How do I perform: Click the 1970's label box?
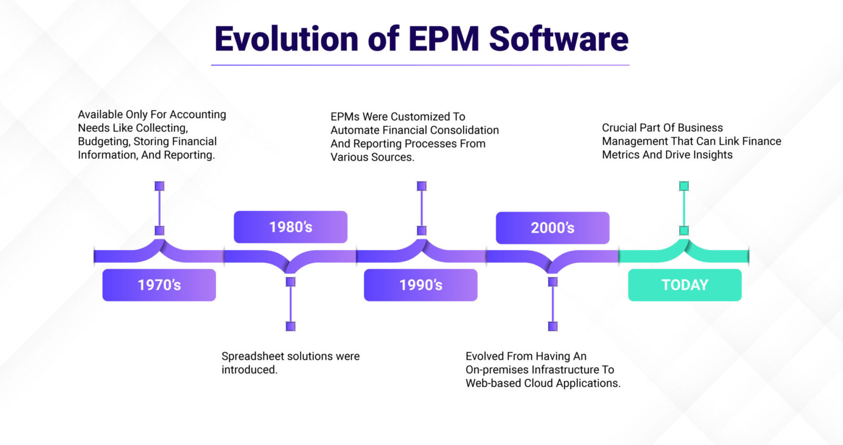(x=159, y=285)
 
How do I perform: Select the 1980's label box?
(x=290, y=227)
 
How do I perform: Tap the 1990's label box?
(x=420, y=285)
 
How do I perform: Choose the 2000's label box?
(x=552, y=228)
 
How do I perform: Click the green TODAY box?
(x=684, y=285)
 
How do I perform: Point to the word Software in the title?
(x=558, y=39)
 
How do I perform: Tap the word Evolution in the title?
(x=287, y=39)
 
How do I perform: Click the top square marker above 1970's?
(x=159, y=186)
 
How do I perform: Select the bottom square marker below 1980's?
(x=290, y=327)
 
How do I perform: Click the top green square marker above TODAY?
(x=684, y=186)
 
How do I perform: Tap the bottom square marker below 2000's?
(x=553, y=327)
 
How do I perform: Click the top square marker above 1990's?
(x=421, y=186)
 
